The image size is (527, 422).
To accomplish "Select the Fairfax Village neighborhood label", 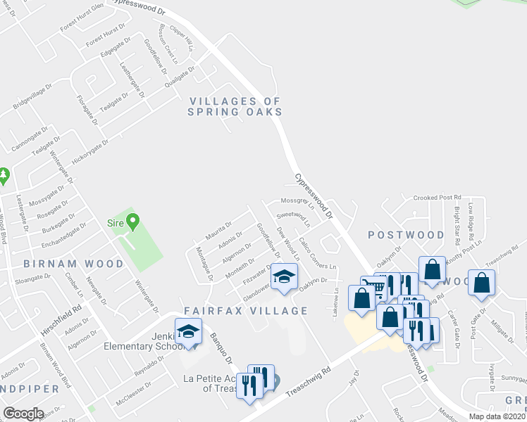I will (246, 311).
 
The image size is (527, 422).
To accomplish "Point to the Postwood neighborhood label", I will (407, 235).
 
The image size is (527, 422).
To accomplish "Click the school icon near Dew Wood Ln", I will (285, 277).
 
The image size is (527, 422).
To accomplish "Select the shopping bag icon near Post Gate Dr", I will (482, 283).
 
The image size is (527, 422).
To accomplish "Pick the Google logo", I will (23, 414).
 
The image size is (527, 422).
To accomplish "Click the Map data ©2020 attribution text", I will (496, 416).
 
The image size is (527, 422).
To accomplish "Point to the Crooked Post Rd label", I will (437, 198).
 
